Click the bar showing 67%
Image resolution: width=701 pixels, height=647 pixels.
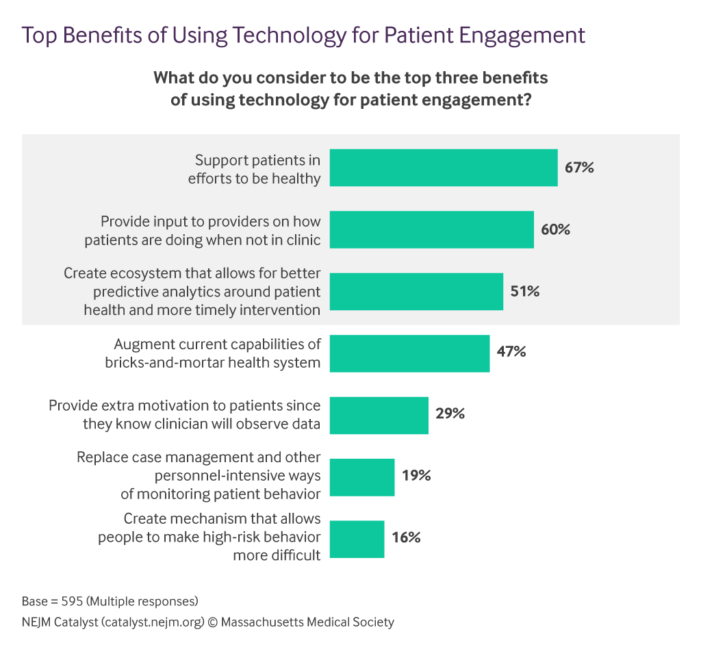444,168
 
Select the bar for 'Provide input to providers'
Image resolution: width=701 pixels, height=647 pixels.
431,229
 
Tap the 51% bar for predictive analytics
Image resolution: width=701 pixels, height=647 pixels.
416,292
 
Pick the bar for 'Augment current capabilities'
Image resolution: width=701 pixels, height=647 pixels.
409,353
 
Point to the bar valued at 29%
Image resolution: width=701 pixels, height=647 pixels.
379,415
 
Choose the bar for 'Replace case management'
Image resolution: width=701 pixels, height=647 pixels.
362,477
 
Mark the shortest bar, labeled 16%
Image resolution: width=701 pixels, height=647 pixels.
357,539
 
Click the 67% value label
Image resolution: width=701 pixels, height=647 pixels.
579,167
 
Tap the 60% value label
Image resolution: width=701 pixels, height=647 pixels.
555,229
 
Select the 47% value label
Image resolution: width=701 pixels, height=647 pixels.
511,353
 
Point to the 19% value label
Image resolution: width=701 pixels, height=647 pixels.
416,476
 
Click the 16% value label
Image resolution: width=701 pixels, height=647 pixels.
406,538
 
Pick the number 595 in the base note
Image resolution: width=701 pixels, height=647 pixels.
70,602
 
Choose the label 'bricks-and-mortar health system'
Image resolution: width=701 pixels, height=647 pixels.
213,363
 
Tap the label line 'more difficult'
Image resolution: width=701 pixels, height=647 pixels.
277,555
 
